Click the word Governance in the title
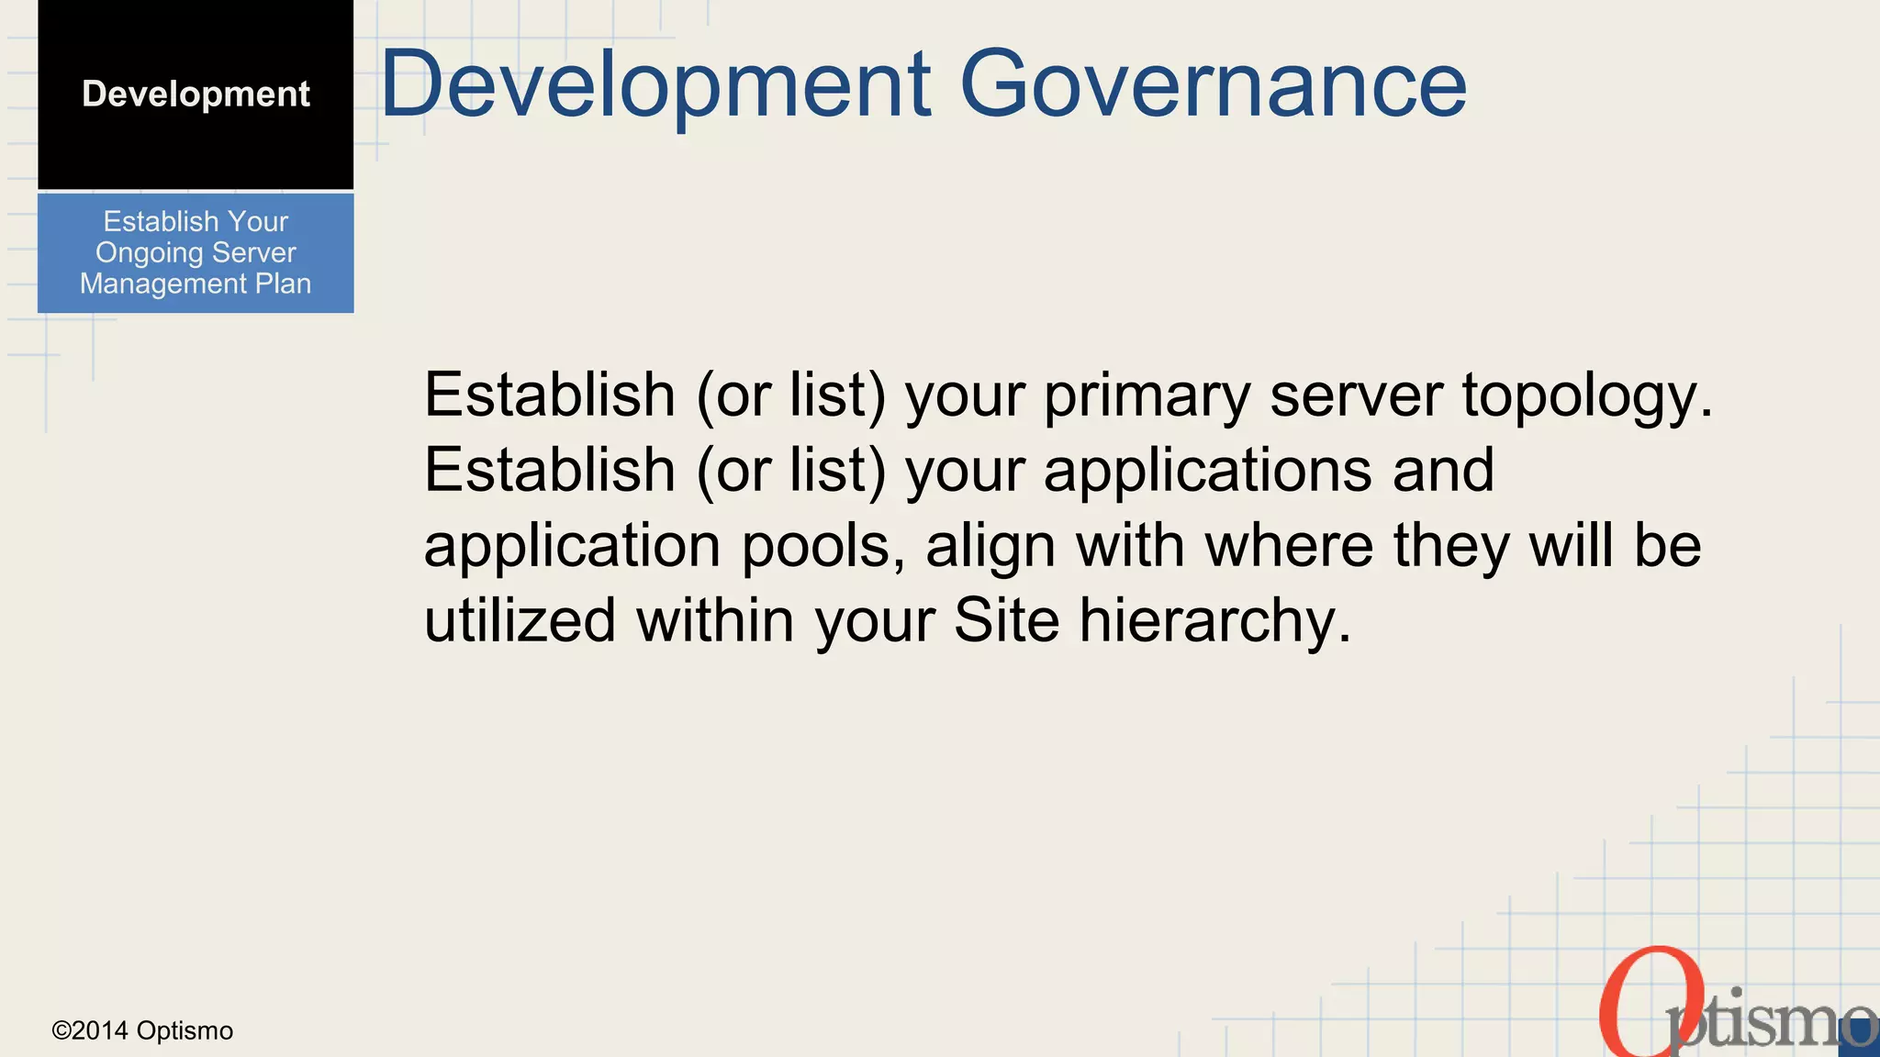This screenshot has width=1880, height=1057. pos(1213,84)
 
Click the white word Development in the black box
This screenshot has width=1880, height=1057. pos(196,94)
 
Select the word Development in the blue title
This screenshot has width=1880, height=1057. pos(655,84)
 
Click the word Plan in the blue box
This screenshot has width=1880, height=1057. pos(284,284)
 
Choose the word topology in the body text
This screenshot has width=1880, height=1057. pos(1587,396)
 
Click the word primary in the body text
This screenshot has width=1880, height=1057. pos(1147,396)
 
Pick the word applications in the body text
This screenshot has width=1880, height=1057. pos(1208,472)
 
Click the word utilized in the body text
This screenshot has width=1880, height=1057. pos(520,620)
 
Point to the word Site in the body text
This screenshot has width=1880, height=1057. pos(1006,620)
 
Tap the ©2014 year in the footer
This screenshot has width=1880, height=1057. pos(90,1031)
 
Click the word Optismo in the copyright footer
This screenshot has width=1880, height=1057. pos(185,1031)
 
